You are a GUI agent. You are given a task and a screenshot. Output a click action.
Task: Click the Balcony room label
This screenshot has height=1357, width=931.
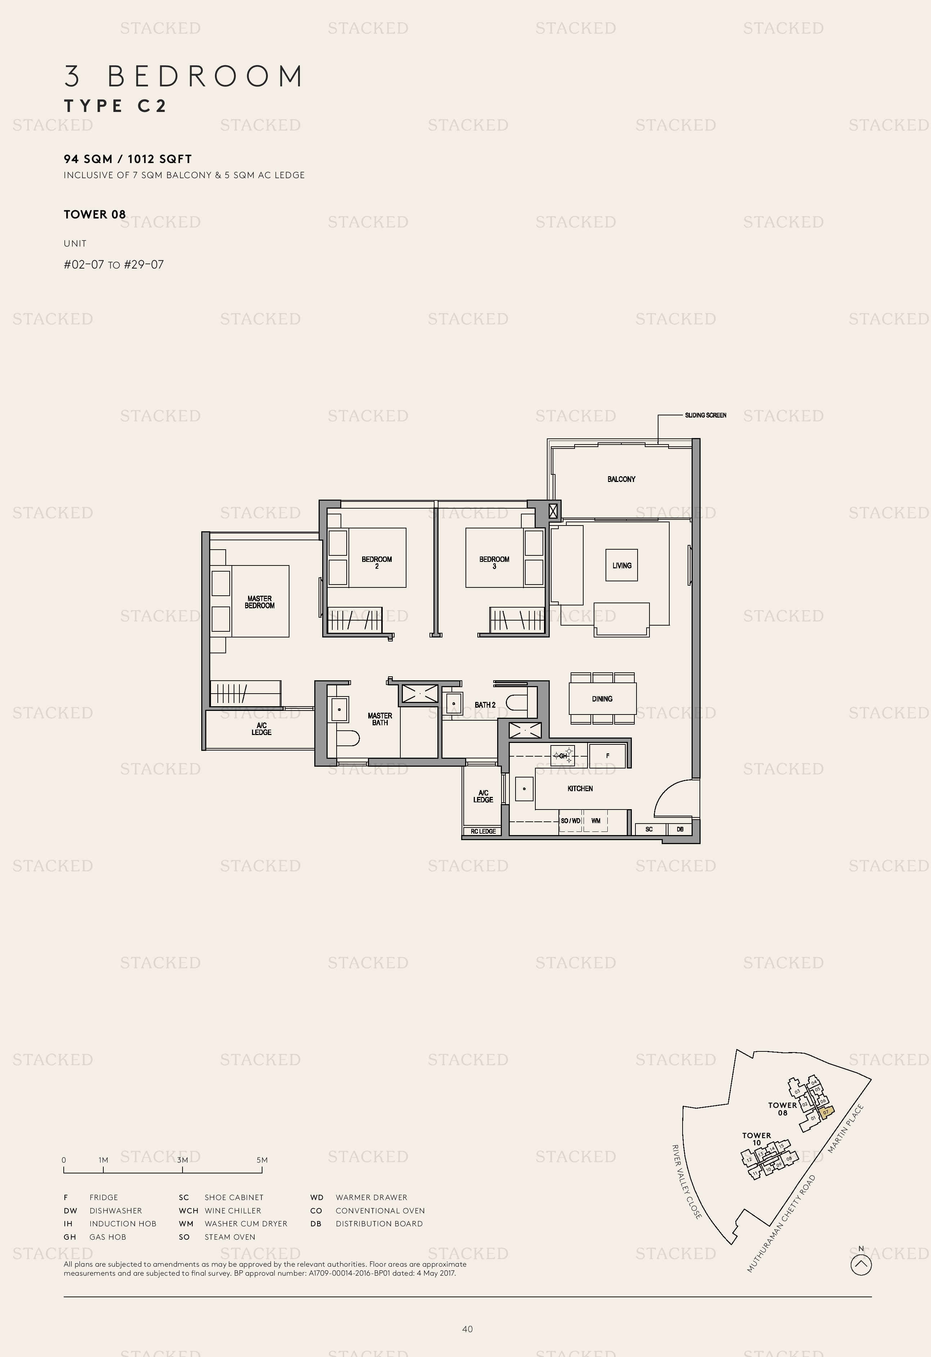pyautogui.click(x=621, y=479)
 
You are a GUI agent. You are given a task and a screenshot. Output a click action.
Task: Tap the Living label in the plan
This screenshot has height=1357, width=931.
pyautogui.click(x=621, y=565)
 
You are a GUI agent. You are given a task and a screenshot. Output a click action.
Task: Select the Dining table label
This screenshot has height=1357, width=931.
pyautogui.click(x=602, y=698)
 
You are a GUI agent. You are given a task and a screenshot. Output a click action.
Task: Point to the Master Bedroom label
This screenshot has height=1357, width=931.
pyautogui.click(x=259, y=602)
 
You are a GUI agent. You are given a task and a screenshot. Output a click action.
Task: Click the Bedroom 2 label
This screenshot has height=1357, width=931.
pyautogui.click(x=377, y=562)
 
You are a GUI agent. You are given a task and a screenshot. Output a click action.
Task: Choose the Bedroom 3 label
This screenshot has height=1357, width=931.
pyautogui.click(x=494, y=562)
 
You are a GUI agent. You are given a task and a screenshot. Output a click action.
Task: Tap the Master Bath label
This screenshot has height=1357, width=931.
pyautogui.click(x=380, y=719)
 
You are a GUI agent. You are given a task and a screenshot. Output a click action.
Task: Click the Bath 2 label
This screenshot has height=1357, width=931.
pyautogui.click(x=485, y=705)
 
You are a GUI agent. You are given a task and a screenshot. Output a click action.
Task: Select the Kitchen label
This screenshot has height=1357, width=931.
pyautogui.click(x=580, y=788)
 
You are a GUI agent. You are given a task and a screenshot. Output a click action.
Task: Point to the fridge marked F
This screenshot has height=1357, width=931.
pyautogui.click(x=607, y=756)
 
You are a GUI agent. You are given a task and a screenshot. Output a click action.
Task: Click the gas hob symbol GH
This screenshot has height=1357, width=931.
pyautogui.click(x=563, y=756)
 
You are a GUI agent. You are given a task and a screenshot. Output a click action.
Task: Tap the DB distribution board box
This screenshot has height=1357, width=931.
pyautogui.click(x=680, y=829)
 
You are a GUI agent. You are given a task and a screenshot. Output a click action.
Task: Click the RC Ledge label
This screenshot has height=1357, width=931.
pyautogui.click(x=483, y=831)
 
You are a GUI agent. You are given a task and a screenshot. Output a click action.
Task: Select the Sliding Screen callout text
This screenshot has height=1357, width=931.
pyautogui.click(x=706, y=415)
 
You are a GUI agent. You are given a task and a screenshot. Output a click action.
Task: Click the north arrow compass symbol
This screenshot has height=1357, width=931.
pyautogui.click(x=861, y=1265)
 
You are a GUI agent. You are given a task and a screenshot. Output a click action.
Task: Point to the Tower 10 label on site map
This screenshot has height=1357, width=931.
pyautogui.click(x=756, y=1139)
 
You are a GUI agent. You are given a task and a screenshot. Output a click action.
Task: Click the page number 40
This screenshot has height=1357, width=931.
pyautogui.click(x=467, y=1329)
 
